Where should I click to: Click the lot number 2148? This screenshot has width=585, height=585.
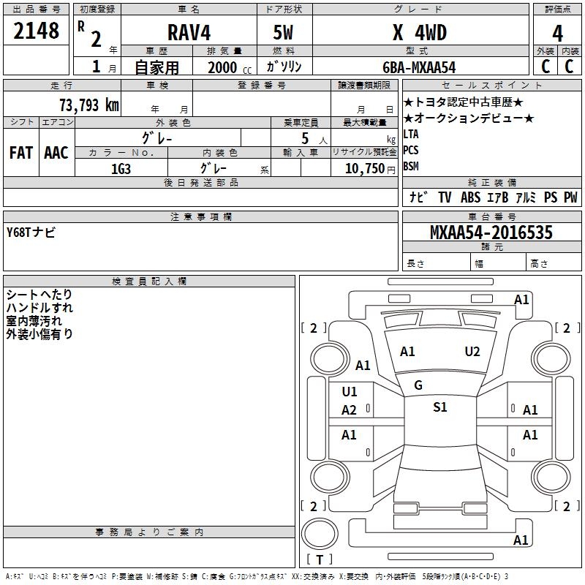click(x=36, y=31)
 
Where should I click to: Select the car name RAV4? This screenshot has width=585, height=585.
click(x=189, y=32)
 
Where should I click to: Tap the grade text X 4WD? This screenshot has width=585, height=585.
click(x=420, y=32)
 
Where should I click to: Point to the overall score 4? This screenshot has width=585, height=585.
click(x=557, y=34)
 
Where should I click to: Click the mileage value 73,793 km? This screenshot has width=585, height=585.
click(x=89, y=105)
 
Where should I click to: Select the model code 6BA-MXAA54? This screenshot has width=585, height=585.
click(x=419, y=67)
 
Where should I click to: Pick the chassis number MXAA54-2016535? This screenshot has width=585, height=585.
click(x=491, y=232)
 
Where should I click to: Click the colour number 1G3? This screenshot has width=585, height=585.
click(x=121, y=169)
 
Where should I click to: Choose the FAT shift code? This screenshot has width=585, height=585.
click(x=21, y=153)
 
